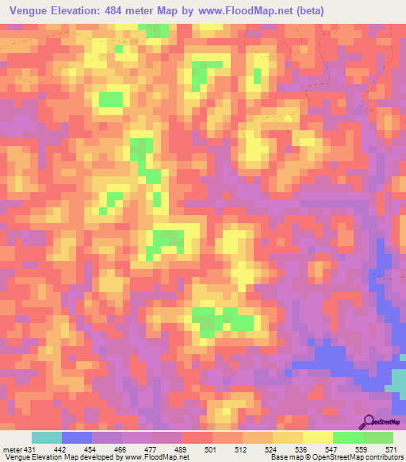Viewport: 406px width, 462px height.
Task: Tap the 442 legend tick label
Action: (59, 449)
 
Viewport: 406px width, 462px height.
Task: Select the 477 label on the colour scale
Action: (150, 449)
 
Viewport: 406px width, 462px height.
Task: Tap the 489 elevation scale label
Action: (180, 449)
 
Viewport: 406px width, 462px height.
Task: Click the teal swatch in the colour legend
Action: (47, 437)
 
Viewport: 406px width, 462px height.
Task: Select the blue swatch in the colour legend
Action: (77, 437)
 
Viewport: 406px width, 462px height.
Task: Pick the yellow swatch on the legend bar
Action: (318, 437)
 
